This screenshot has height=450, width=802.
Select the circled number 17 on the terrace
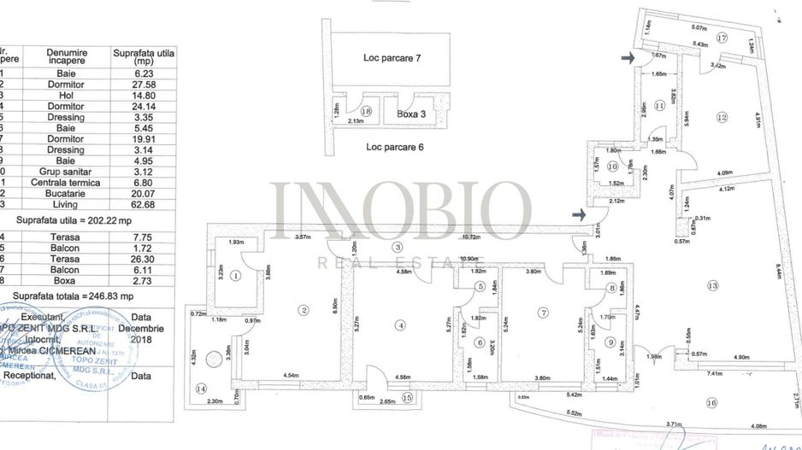pos(722,38)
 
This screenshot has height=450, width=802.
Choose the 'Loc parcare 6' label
pos(395,147)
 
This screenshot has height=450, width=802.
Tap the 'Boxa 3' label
pos(414,112)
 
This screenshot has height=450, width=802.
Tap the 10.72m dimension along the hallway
pos(469,236)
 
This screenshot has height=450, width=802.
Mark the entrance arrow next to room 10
pos(581,214)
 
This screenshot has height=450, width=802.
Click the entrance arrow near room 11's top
pos(628,58)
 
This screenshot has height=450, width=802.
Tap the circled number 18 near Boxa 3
pos(367,111)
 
